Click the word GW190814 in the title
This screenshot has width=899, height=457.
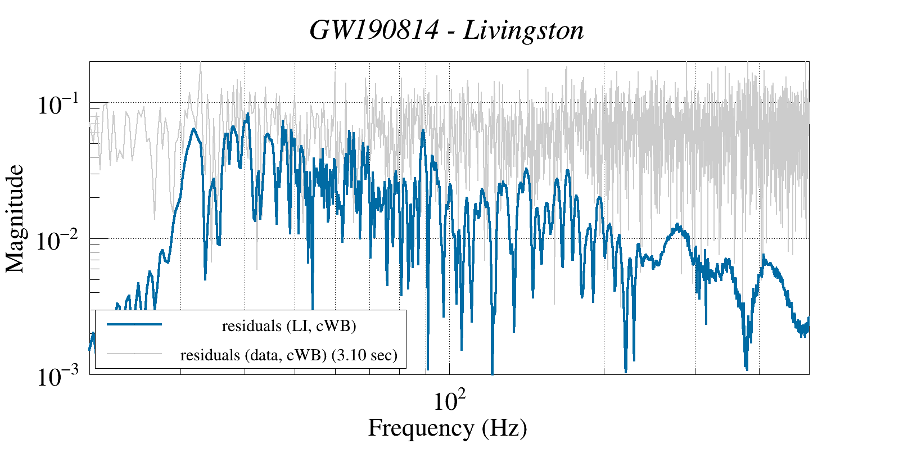pos(374,30)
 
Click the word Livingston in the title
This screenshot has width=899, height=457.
pos(523,30)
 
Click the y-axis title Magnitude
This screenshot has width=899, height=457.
pos(15,219)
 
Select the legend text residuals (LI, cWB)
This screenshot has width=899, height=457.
pos(289,326)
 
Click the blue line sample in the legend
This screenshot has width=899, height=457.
pos(134,324)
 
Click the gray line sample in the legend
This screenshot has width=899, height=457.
pos(134,354)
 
